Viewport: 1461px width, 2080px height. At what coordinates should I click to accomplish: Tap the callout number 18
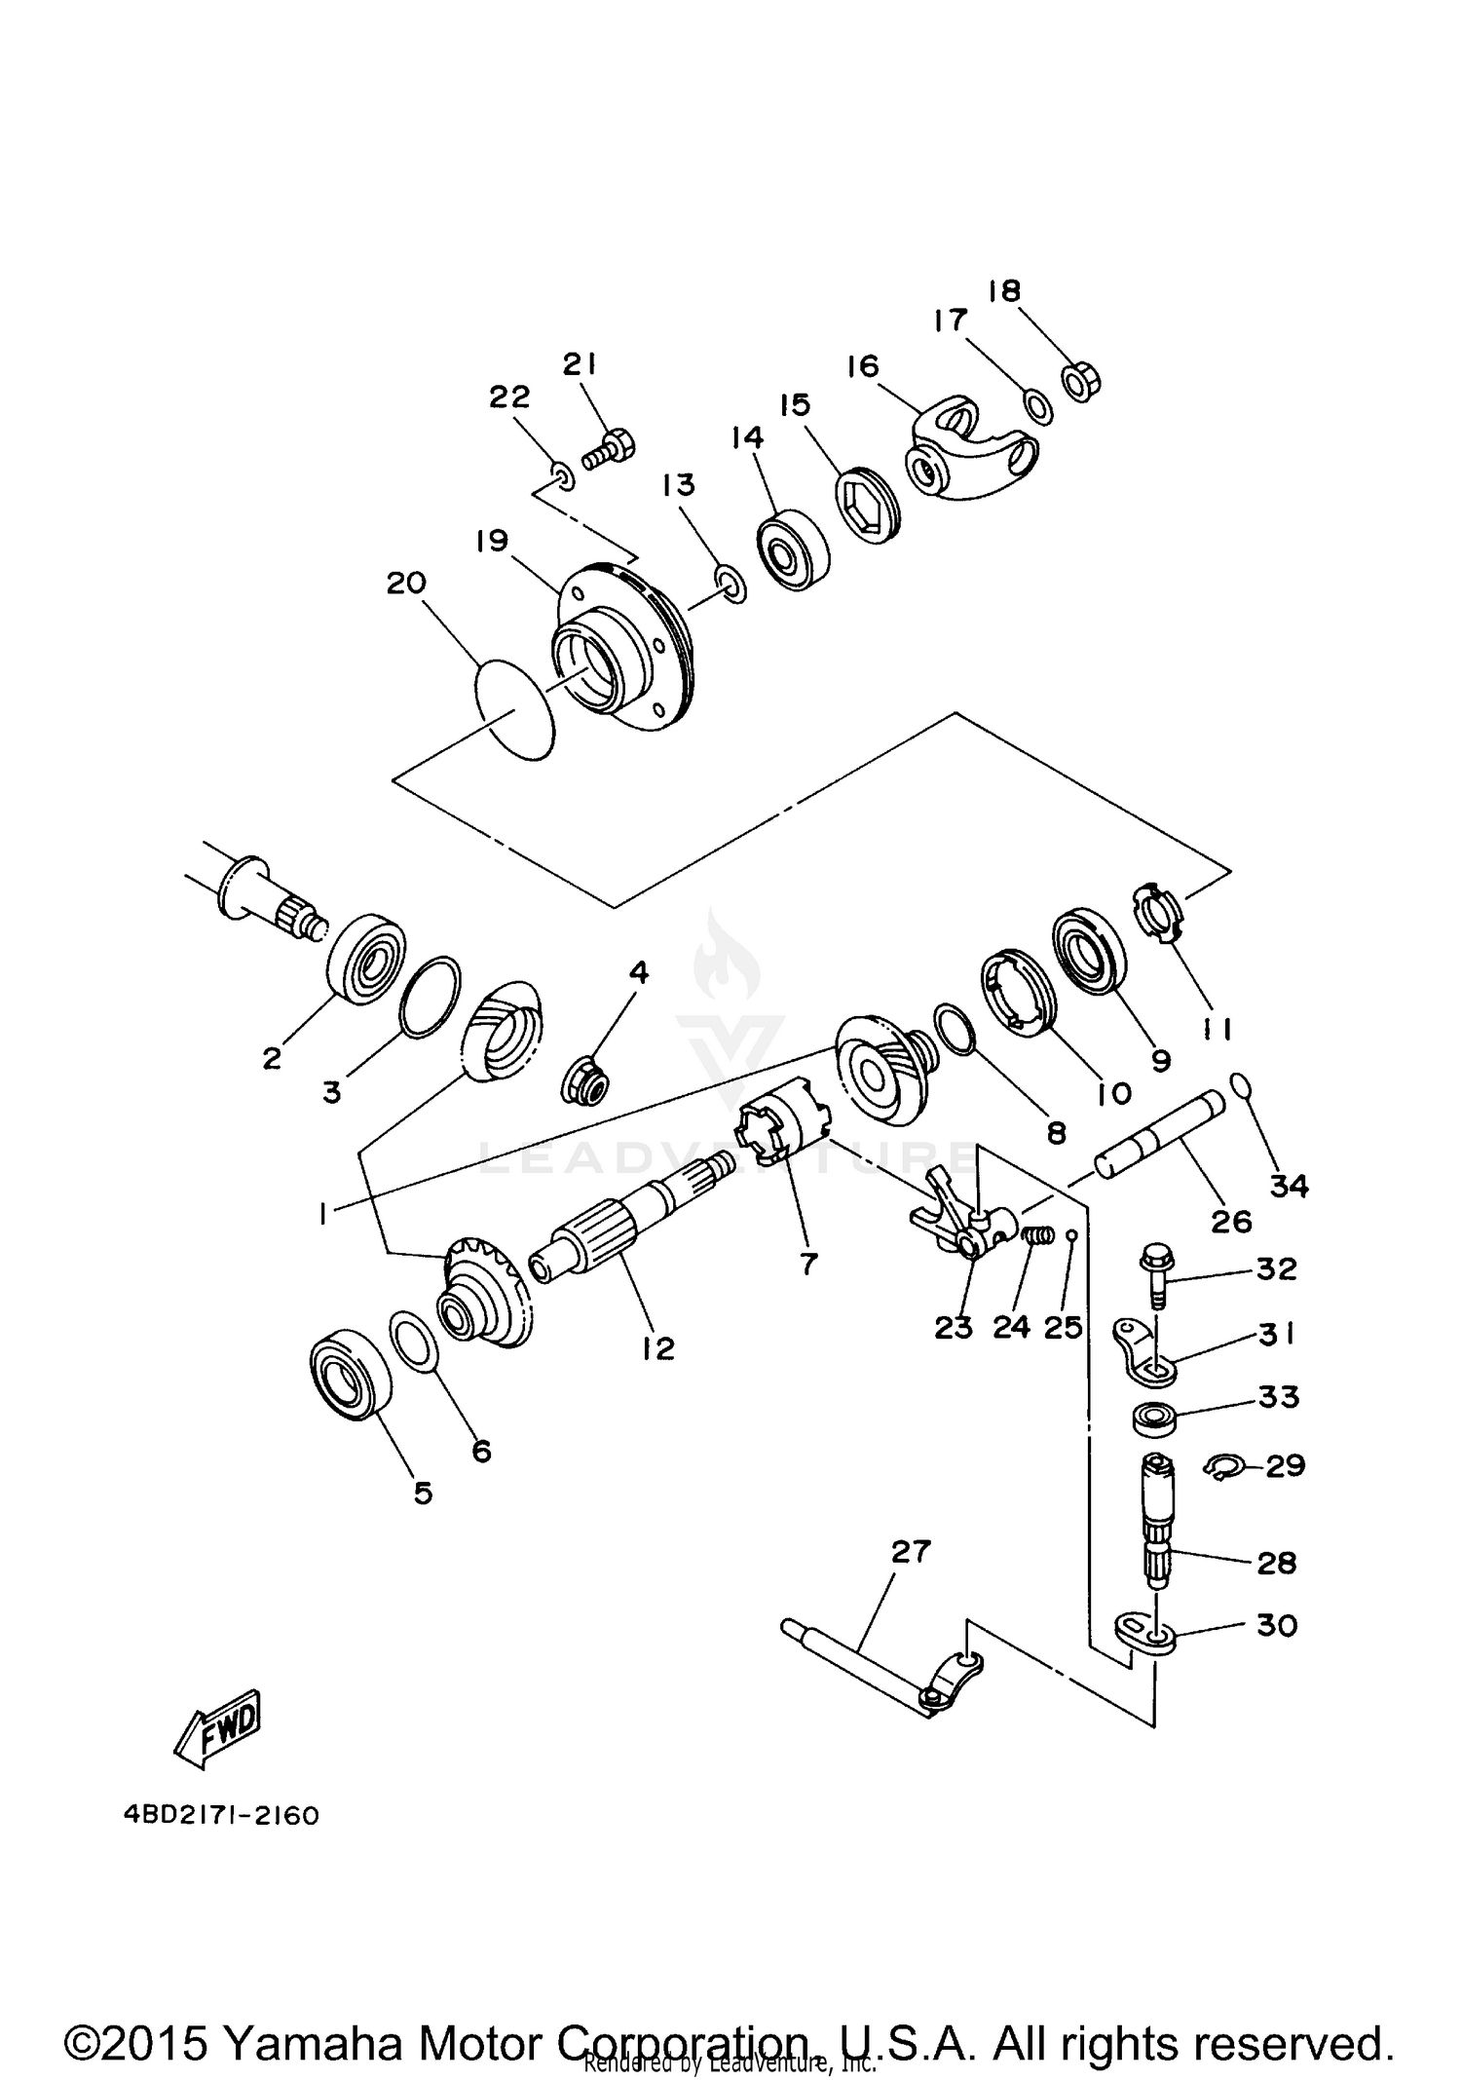click(1003, 290)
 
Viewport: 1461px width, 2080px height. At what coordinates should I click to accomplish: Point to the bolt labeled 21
click(611, 450)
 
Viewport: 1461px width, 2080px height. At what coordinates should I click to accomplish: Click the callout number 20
click(406, 583)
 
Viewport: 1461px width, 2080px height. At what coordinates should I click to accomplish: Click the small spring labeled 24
click(1040, 1235)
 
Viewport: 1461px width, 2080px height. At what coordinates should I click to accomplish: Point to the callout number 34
click(1288, 1186)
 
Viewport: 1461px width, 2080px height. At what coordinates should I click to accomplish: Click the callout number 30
click(1276, 1625)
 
